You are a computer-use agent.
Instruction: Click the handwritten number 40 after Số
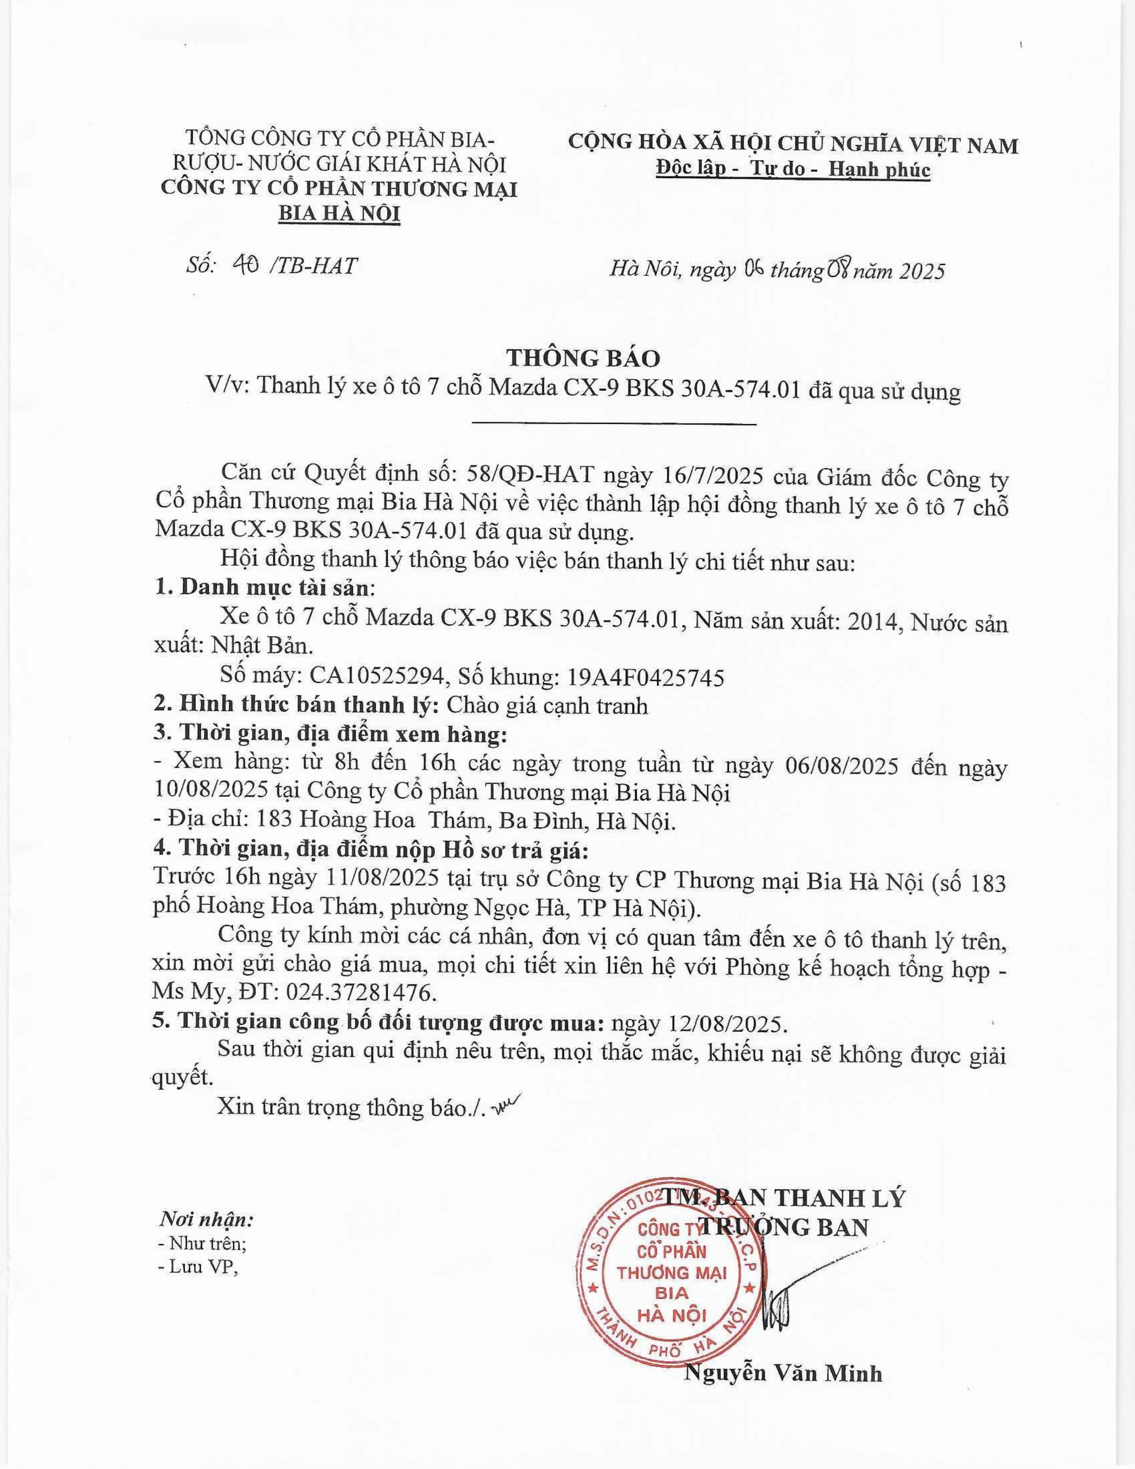point(246,266)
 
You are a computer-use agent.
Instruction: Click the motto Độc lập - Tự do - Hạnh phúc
point(793,168)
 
